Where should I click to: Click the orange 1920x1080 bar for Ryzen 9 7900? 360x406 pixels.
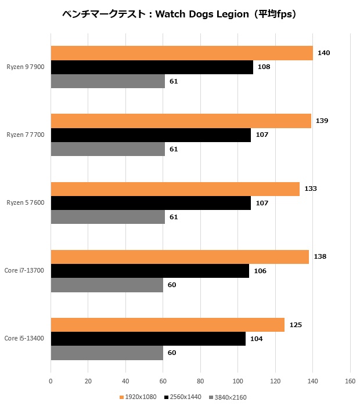pyautogui.click(x=182, y=53)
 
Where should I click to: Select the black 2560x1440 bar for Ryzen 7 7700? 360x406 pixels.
pyautogui.click(x=151, y=135)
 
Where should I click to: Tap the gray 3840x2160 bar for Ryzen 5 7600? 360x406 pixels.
pyautogui.click(x=108, y=217)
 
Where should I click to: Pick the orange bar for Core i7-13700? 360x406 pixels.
pyautogui.click(x=180, y=256)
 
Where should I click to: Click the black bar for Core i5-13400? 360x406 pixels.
pyautogui.click(x=148, y=339)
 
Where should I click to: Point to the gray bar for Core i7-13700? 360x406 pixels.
pyautogui.click(x=107, y=285)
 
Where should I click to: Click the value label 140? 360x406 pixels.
pyautogui.click(x=324, y=53)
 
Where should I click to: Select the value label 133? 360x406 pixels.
pyautogui.click(x=311, y=189)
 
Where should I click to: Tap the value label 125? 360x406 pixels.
pyautogui.click(x=296, y=325)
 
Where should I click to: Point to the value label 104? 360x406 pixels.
pyautogui.click(x=256, y=339)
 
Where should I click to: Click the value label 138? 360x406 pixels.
pyautogui.click(x=320, y=257)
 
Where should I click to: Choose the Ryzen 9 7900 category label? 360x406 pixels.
pyautogui.click(x=26, y=67)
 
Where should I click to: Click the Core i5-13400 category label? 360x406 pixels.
pyautogui.click(x=24, y=338)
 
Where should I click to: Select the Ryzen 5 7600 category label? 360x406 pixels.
pyautogui.click(x=26, y=203)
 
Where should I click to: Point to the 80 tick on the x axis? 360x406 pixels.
pyautogui.click(x=200, y=382)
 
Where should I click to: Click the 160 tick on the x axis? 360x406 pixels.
pyautogui.click(x=350, y=382)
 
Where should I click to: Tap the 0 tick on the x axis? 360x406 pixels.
pyautogui.click(x=51, y=382)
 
